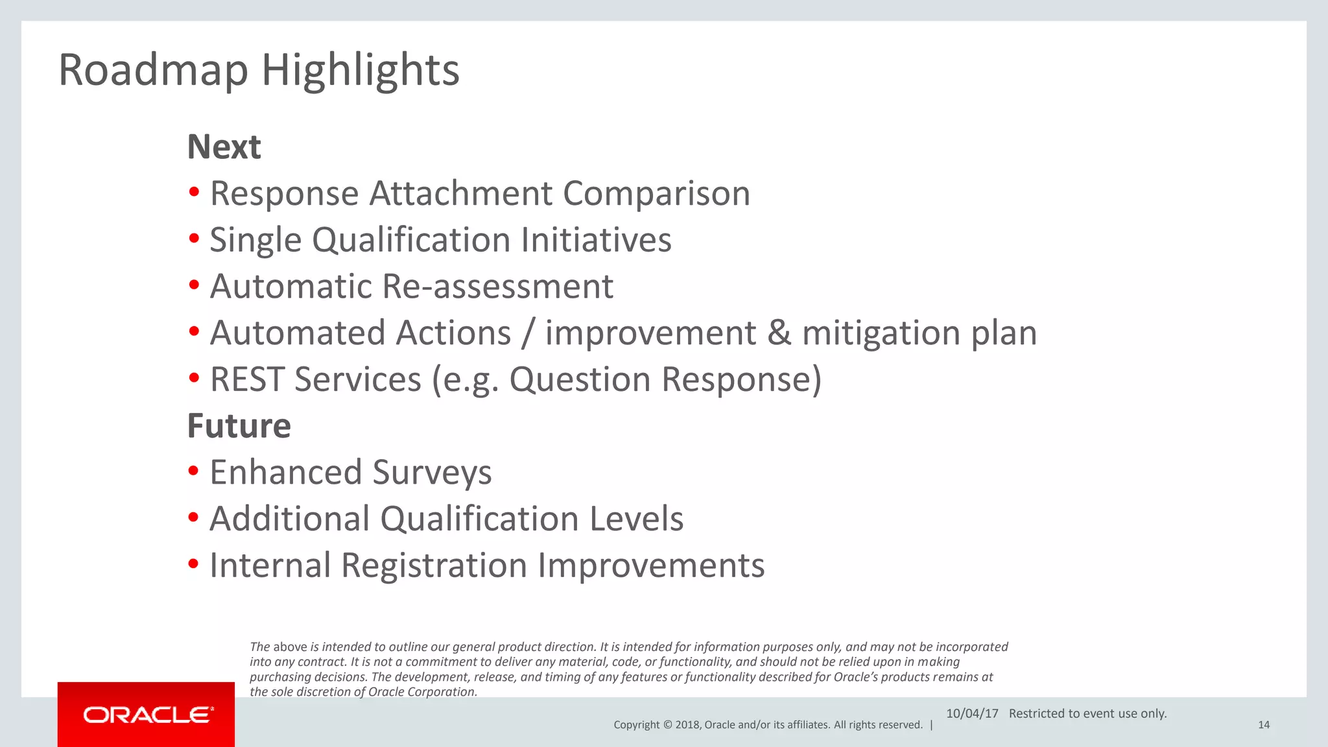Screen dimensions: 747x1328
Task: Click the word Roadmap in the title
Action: pyautogui.click(x=153, y=70)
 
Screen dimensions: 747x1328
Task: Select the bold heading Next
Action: pyautogui.click(x=224, y=147)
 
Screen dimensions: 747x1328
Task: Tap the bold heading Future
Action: pyautogui.click(x=239, y=426)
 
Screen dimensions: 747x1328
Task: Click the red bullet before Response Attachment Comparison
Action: pyautogui.click(x=194, y=193)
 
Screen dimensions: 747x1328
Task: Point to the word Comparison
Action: pyautogui.click(x=656, y=194)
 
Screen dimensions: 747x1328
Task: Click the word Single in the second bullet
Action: pyautogui.click(x=255, y=241)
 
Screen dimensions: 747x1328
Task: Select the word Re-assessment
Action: pyautogui.click(x=497, y=287)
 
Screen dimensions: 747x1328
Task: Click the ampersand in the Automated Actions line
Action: pyautogui.click(x=779, y=333)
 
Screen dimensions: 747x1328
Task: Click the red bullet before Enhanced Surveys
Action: pyautogui.click(x=194, y=471)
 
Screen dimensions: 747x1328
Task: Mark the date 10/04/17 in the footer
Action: pyautogui.click(x=972, y=713)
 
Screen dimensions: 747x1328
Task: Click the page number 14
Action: pyautogui.click(x=1263, y=725)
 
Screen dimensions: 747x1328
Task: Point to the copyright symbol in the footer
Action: pyautogui.click(x=668, y=725)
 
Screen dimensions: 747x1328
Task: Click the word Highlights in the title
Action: pyautogui.click(x=361, y=70)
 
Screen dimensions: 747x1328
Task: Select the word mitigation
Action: pyautogui.click(x=881, y=333)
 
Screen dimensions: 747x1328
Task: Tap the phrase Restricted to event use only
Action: pyautogui.click(x=1087, y=713)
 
